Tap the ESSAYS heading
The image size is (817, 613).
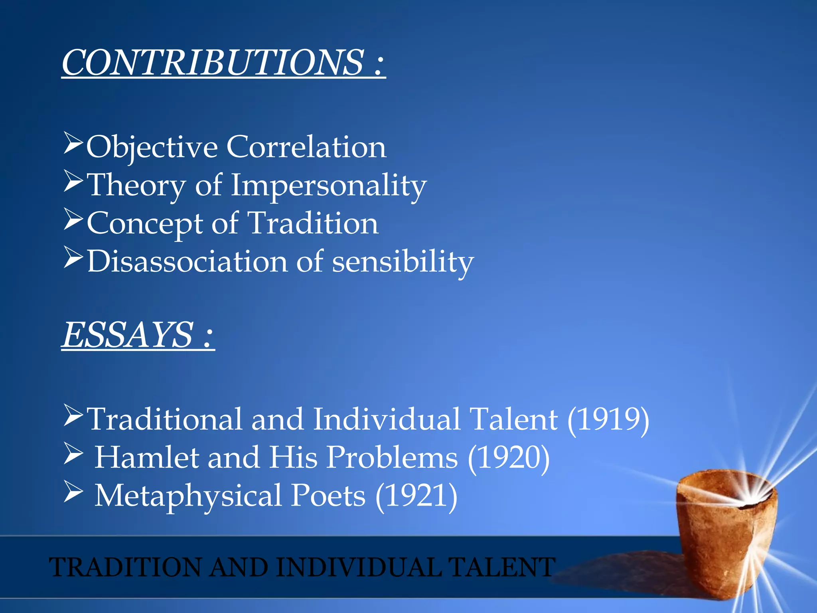[x=128, y=335]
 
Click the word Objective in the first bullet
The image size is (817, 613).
[x=152, y=147]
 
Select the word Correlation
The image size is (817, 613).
[x=306, y=146]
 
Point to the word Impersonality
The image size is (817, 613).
[x=329, y=186]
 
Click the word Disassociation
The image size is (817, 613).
[x=187, y=261]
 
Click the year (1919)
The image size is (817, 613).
[x=608, y=419]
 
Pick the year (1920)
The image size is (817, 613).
[x=509, y=457]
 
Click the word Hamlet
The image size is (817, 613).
[x=146, y=457]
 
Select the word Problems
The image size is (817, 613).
[x=392, y=457]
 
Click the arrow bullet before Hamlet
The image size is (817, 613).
[x=73, y=455]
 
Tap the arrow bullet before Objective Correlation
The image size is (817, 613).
[x=73, y=144]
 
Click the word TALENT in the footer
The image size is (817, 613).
[x=501, y=567]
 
